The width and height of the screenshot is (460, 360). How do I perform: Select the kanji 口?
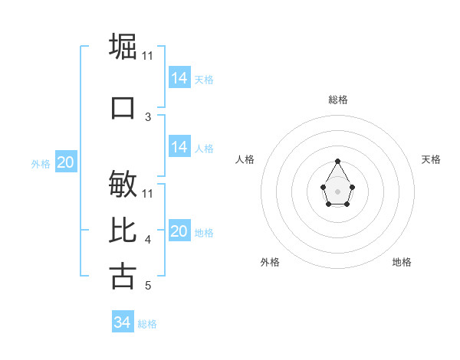point(123,107)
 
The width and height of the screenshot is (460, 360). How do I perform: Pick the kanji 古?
point(123,276)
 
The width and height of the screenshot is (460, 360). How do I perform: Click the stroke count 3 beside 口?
point(148,117)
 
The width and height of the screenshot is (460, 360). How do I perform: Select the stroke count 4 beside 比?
point(148,241)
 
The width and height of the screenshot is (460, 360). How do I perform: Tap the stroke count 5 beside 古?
point(148,286)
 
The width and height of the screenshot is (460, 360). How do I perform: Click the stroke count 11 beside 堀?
point(148,56)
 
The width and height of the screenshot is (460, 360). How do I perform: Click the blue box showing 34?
point(123,322)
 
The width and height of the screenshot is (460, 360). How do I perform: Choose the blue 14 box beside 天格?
point(179,78)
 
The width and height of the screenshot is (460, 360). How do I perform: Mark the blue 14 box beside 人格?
point(179,147)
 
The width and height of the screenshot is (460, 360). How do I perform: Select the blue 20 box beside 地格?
point(179,231)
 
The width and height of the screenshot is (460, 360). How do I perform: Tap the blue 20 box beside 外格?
point(66,162)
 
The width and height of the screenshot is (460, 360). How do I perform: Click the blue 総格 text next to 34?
point(147,324)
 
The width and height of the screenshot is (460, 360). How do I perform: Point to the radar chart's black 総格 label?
point(338,100)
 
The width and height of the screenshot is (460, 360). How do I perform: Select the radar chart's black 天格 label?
point(431,159)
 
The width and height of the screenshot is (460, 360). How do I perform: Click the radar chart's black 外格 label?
point(270,262)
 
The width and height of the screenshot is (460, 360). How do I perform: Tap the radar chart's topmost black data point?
point(338,161)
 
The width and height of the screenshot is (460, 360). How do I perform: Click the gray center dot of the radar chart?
point(338,191)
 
